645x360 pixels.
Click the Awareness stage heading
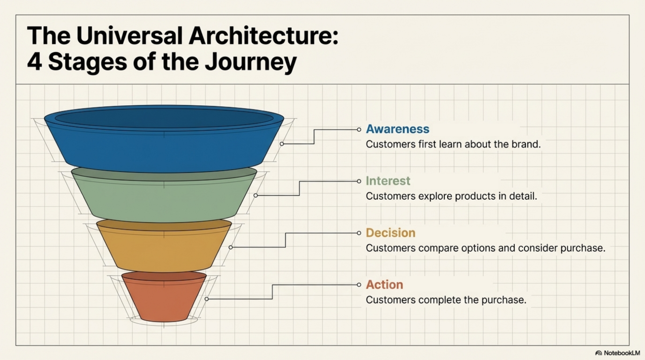coord(397,129)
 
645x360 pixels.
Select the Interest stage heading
coord(388,181)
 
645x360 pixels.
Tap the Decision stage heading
coord(390,233)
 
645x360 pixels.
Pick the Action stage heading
coord(384,285)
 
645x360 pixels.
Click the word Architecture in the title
coord(263,35)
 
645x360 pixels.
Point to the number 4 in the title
coord(34,62)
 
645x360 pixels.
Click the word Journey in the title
coord(251,62)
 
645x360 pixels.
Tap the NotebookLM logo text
coord(621,353)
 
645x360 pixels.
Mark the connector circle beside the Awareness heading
coord(359,130)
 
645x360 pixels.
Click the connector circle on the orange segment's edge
coord(207,299)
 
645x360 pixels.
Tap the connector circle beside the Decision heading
coord(359,233)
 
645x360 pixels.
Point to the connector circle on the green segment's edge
coord(256,195)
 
